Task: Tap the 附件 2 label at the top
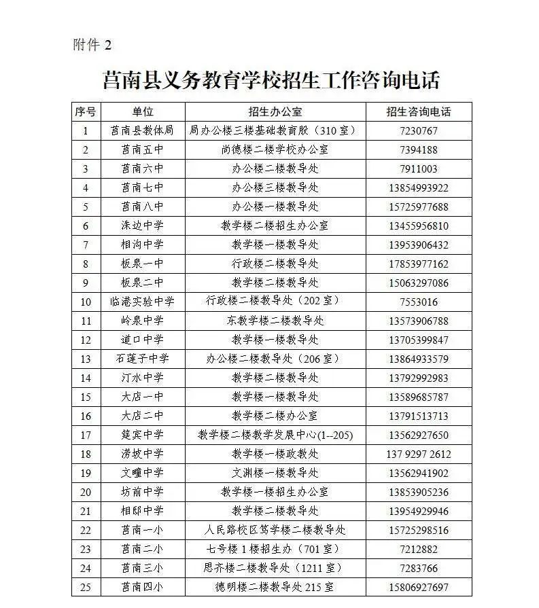[x=92, y=46]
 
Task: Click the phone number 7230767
[x=418, y=131]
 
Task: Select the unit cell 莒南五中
[x=142, y=150]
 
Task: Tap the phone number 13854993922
[x=418, y=188]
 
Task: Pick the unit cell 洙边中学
[x=142, y=226]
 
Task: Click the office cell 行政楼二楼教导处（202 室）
[x=275, y=302]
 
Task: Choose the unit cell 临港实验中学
[x=142, y=302]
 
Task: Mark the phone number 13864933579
[x=418, y=359]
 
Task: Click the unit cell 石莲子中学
[x=142, y=359]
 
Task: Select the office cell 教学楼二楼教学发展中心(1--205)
[x=275, y=435]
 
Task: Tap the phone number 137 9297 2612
[x=418, y=454]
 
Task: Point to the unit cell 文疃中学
[x=142, y=473]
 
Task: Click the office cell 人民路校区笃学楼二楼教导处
[x=275, y=530]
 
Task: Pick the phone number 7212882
[x=418, y=549]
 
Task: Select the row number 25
[x=86, y=587]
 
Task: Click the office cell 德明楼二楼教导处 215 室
[x=275, y=587]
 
